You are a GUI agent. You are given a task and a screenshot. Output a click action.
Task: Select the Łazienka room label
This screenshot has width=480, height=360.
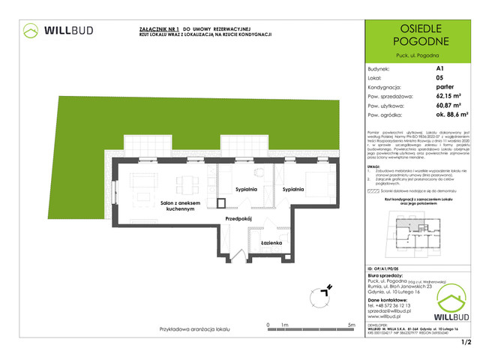pos(271,244)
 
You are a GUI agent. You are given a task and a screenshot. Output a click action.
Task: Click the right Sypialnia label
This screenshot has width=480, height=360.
pos(294,190)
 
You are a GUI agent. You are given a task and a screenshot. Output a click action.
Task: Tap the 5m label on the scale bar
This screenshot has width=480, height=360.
pos(351,325)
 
